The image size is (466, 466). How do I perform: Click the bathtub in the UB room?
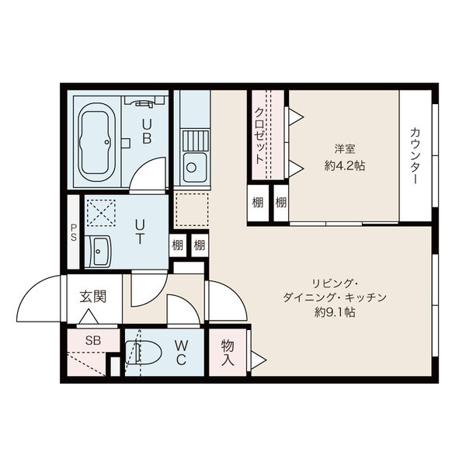point(96,142)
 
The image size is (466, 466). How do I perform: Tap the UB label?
point(147,131)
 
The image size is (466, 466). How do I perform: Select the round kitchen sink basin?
point(191,168)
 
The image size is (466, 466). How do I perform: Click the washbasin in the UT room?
point(98,252)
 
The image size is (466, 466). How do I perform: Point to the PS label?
point(74,232)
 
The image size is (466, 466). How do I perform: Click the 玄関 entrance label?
point(93,297)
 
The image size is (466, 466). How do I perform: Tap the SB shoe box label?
point(93,340)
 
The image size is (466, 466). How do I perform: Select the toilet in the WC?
point(143,353)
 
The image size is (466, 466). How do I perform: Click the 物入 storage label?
point(228,353)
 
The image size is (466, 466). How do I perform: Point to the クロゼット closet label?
point(259,135)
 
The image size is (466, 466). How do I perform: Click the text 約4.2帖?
point(345,165)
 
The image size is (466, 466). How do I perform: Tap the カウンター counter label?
point(415,156)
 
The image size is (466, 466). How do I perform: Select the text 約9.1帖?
point(335,312)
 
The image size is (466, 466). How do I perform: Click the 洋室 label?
point(345,148)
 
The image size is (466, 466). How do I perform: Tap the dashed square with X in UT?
point(101,213)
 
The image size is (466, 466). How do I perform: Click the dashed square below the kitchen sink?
point(192,210)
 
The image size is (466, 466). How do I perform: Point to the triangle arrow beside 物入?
point(259,360)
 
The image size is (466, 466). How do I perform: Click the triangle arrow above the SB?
point(89,317)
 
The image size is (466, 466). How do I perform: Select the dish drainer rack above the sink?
point(196,141)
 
